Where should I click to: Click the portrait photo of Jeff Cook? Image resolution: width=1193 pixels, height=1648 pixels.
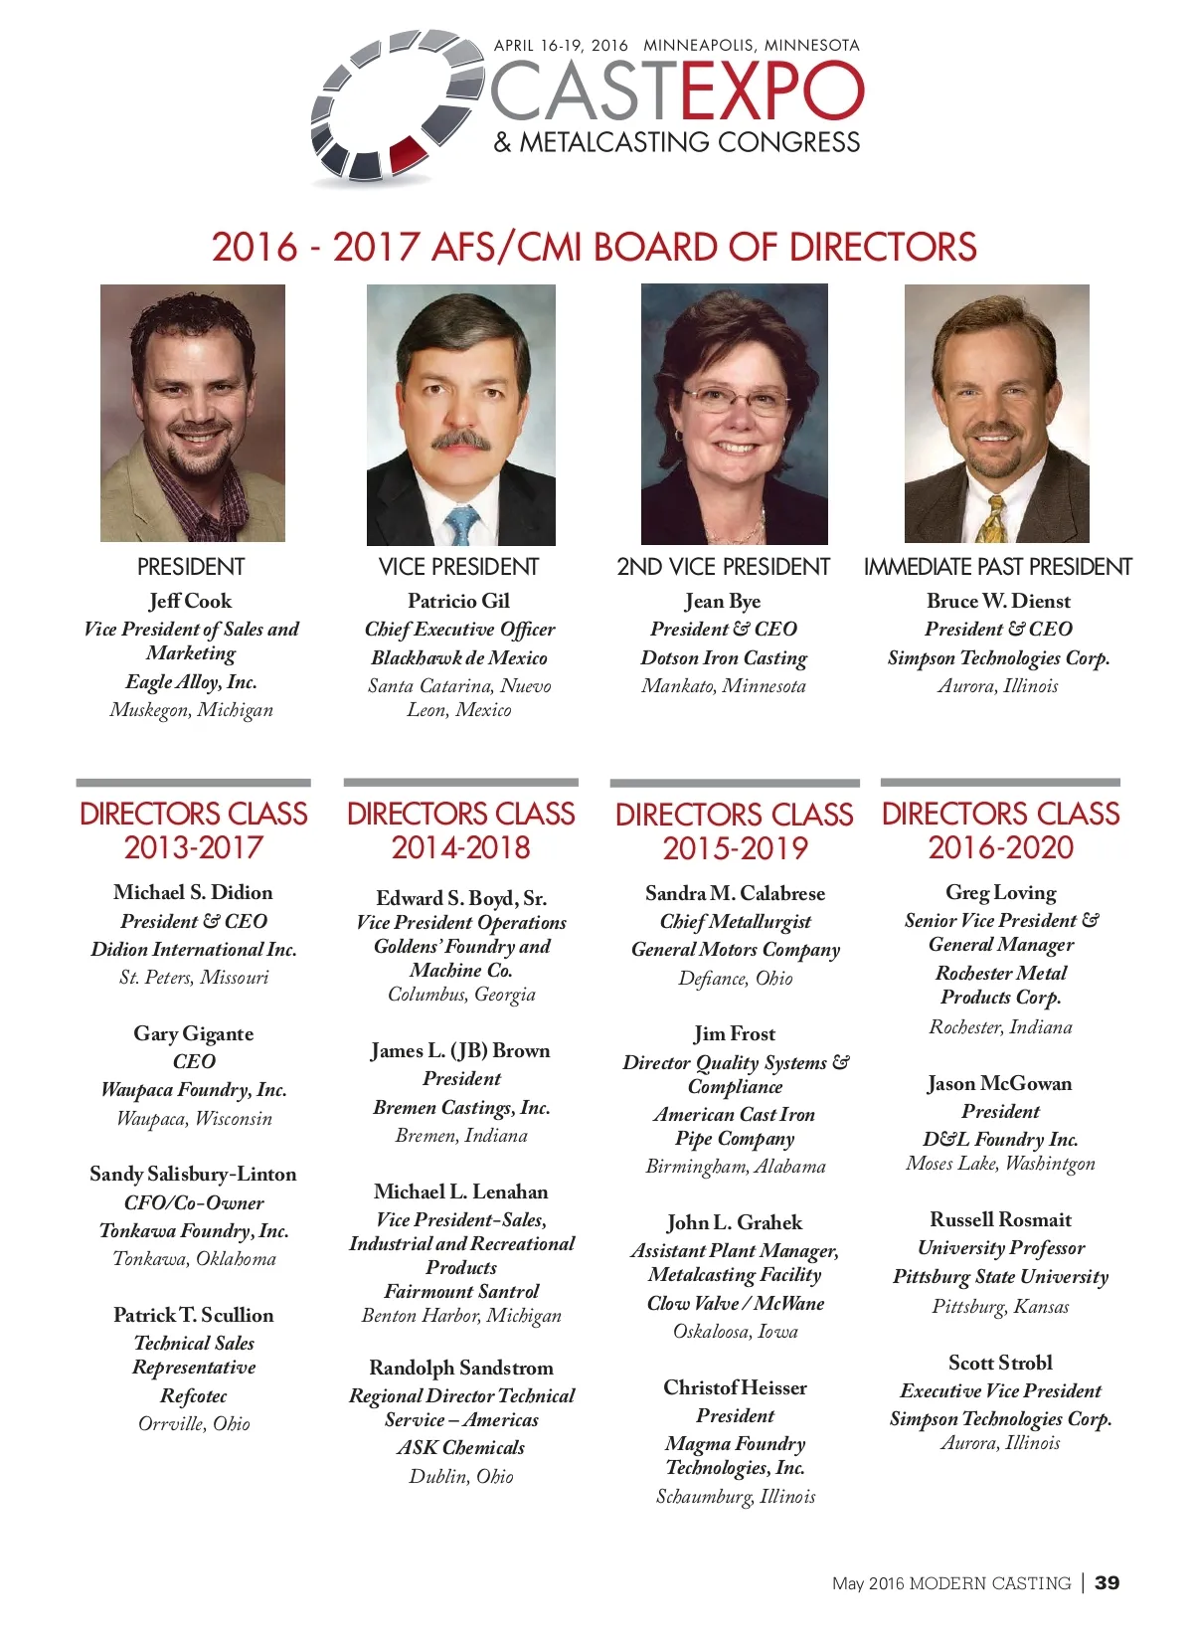(x=193, y=413)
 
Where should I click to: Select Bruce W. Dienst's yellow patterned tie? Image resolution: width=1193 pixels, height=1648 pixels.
(x=990, y=519)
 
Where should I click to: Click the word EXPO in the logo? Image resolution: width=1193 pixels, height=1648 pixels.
(x=772, y=92)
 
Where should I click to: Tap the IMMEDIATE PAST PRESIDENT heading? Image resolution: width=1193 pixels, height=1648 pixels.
(x=997, y=567)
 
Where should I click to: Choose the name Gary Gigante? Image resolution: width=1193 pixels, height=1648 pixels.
(x=194, y=1033)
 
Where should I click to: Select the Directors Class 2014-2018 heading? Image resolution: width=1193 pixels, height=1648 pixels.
(x=460, y=830)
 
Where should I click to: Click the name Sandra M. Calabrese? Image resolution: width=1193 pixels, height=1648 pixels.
(x=735, y=893)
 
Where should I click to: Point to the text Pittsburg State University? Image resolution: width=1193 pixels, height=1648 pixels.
(x=1000, y=1276)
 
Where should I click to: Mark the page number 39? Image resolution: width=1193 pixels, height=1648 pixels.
(x=1107, y=1582)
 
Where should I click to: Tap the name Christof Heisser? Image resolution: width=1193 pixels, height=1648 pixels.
(x=735, y=1387)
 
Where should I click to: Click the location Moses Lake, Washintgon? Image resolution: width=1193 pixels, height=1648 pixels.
(x=1000, y=1164)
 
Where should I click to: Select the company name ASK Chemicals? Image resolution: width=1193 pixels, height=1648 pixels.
(x=460, y=1448)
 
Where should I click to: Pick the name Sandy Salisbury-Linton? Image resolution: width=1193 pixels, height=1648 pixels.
(x=193, y=1174)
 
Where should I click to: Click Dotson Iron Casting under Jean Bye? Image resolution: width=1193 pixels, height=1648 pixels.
(x=724, y=657)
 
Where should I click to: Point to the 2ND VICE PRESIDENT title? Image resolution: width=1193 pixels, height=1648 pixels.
(x=723, y=567)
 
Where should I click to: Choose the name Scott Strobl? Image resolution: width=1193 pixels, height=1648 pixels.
(x=1000, y=1363)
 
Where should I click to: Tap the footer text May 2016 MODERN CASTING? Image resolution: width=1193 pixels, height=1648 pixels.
(x=951, y=1583)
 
